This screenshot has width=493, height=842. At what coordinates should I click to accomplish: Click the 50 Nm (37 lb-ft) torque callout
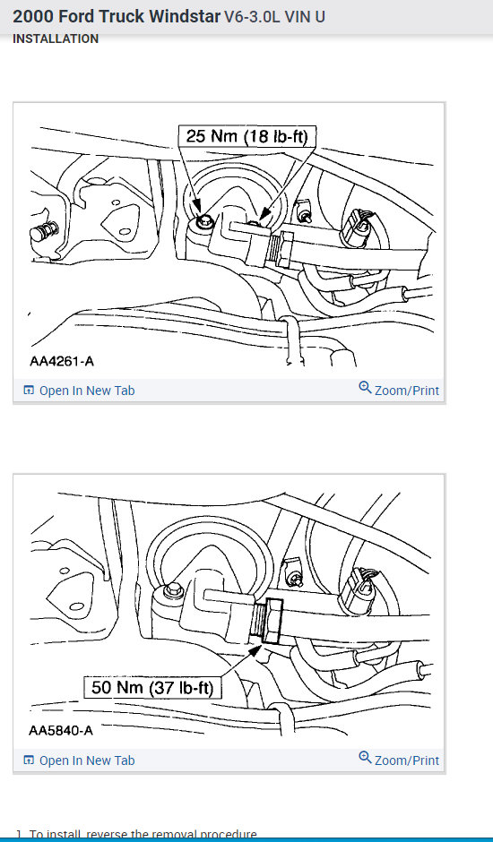pos(152,688)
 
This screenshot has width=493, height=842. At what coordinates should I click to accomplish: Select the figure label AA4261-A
pos(60,362)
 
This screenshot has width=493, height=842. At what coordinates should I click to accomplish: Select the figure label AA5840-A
pos(60,730)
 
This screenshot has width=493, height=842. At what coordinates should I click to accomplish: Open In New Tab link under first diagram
pos(87,391)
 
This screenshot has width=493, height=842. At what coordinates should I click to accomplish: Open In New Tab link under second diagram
pos(87,760)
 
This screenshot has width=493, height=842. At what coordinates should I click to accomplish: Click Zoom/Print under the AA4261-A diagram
pos(407,391)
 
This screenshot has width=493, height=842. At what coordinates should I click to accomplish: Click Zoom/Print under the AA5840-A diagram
pos(407,760)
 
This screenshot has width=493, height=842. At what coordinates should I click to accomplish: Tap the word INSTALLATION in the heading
pos(56,39)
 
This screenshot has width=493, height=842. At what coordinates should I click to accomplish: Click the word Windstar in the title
pos(181,16)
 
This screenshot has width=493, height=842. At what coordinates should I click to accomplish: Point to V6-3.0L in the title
pos(255,16)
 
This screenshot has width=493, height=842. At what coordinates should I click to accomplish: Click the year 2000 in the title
pos(32,16)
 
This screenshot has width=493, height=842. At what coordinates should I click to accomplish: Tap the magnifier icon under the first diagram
pos(365,388)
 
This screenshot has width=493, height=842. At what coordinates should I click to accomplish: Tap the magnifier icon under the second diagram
pos(365,758)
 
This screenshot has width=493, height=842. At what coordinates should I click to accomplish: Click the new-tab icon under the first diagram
pos(29,391)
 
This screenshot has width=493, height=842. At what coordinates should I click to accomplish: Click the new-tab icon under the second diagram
pos(29,760)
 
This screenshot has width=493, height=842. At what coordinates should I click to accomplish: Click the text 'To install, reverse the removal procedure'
pos(143,834)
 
